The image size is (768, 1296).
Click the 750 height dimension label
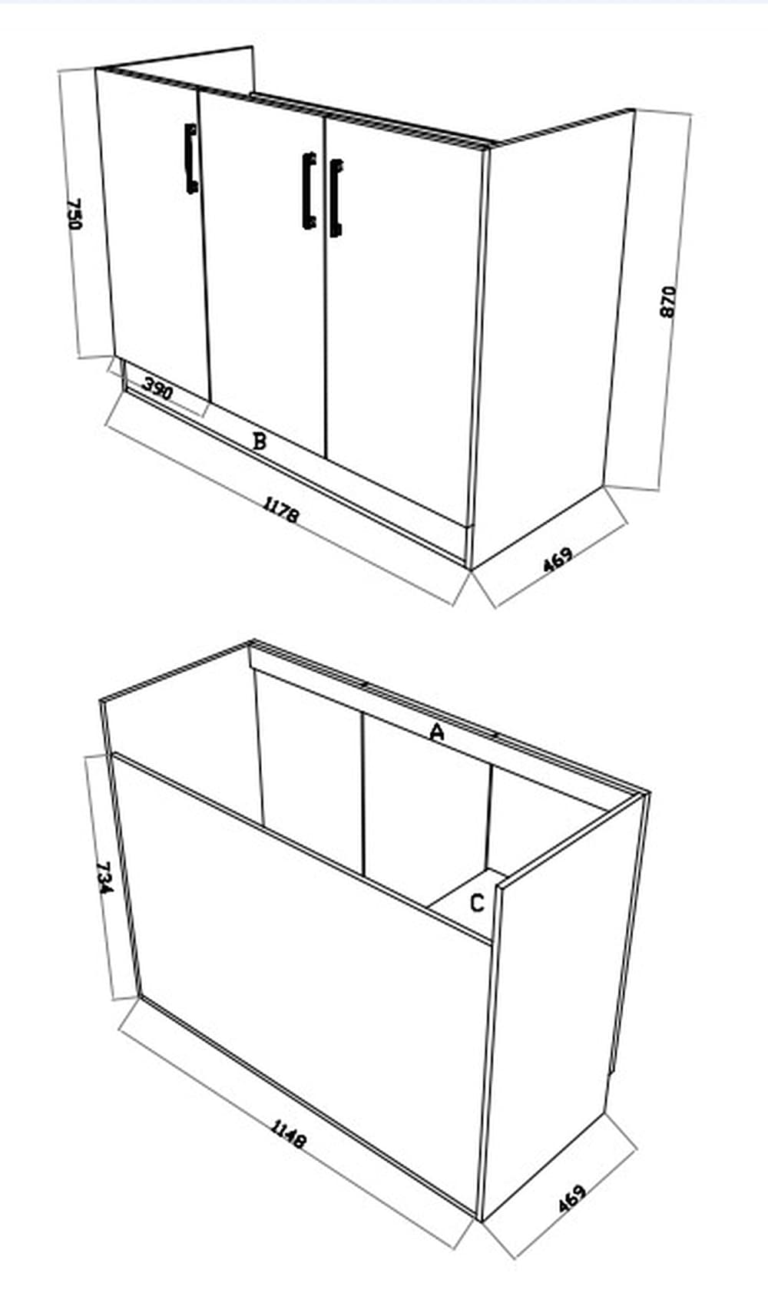(x=74, y=214)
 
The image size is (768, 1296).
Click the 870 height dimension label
(x=668, y=301)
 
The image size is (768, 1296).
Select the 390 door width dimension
(x=157, y=391)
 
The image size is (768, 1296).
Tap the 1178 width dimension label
(x=280, y=510)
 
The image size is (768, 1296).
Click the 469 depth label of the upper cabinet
(x=558, y=560)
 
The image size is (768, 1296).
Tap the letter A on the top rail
(x=437, y=732)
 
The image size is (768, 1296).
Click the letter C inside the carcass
(x=477, y=903)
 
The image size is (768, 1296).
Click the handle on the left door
(x=190, y=159)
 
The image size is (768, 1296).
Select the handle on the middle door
(x=309, y=190)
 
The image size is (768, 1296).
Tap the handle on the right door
(x=336, y=198)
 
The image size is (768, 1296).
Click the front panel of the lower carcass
(x=307, y=960)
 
